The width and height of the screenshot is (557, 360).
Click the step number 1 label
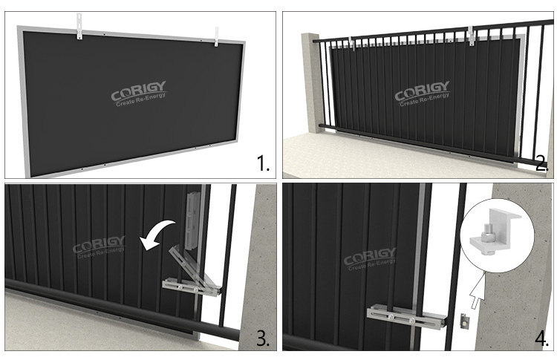[x=263, y=164]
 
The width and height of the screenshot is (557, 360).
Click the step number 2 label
[x=541, y=164]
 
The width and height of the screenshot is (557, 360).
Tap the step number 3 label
[x=263, y=338]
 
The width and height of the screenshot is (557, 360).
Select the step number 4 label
[x=541, y=338]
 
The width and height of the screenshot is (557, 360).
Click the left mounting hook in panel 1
[x=79, y=26]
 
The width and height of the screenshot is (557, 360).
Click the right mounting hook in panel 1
[x=216, y=37]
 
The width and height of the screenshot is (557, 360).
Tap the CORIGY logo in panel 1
[x=139, y=94]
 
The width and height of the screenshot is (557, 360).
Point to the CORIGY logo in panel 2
[x=423, y=94]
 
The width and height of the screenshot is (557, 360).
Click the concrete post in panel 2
[x=312, y=84]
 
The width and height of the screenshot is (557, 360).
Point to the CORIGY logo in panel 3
[x=99, y=247]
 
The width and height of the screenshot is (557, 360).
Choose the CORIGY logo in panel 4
[x=370, y=259]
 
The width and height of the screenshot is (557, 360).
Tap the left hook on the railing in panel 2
[x=352, y=43]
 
